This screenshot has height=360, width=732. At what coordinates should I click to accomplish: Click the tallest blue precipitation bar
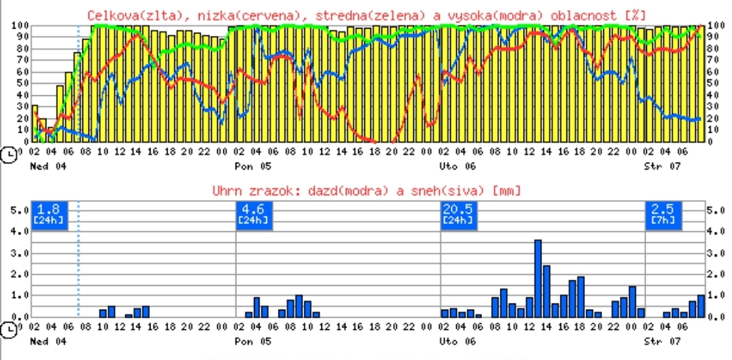(x=538, y=278)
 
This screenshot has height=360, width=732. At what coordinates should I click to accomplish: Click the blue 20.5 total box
(x=459, y=214)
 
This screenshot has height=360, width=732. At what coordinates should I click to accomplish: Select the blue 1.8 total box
(x=50, y=214)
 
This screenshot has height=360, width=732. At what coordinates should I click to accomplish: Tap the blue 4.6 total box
(x=253, y=214)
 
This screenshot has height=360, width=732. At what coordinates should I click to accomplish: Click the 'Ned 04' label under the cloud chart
(x=48, y=165)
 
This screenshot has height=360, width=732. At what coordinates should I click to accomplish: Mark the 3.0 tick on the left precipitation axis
(x=19, y=253)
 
